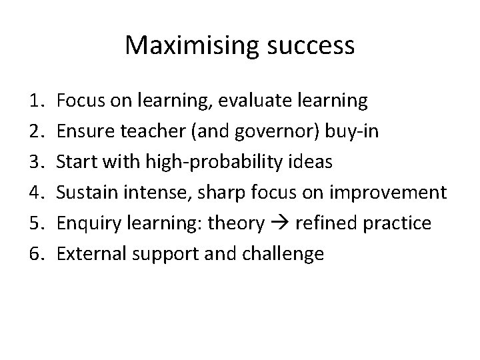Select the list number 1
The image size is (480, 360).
click(x=36, y=101)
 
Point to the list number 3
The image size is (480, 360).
click(x=36, y=162)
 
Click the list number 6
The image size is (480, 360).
click(x=36, y=254)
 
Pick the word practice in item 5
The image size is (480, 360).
click(x=403, y=223)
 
